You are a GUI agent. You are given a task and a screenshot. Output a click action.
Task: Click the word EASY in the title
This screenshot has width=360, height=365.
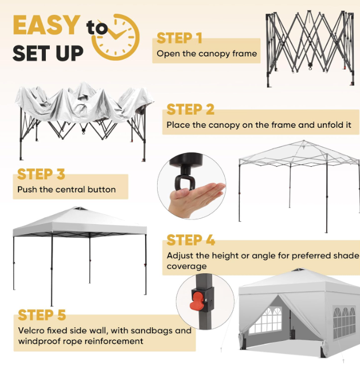46,25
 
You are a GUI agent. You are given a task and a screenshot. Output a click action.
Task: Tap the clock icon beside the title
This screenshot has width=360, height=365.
116,37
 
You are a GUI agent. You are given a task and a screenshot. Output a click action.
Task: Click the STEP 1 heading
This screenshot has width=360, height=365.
179,38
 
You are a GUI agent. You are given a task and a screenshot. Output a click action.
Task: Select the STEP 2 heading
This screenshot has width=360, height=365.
190,109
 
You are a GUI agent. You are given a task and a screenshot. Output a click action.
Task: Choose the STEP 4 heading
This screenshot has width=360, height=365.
190,240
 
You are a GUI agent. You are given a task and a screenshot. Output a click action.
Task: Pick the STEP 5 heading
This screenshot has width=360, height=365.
42,315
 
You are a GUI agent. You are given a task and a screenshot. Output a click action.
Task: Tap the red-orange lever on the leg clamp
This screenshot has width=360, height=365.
196,301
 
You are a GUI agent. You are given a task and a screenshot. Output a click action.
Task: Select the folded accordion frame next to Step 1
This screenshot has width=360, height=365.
310,48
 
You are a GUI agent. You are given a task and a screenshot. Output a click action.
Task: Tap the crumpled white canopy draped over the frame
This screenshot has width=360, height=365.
84,104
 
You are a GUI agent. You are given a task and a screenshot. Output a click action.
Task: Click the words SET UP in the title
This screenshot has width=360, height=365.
48,53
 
